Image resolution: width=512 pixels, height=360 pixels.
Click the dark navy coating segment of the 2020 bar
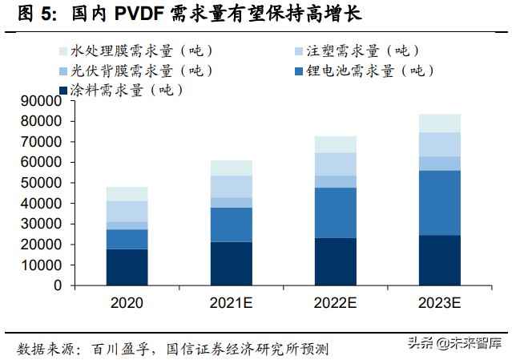coord(126,267)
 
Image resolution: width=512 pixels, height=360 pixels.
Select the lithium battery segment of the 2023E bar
coord(440,203)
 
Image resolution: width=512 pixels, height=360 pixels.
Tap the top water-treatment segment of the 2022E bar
coord(335,144)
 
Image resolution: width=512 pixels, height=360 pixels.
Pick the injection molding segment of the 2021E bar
coord(231,187)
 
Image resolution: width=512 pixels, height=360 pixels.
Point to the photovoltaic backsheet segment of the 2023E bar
coord(440,164)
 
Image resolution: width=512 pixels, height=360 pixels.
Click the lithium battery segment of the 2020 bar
coord(126,239)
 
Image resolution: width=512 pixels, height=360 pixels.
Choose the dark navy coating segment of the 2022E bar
coord(335,261)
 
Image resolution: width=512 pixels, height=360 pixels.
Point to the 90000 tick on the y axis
coord(44,101)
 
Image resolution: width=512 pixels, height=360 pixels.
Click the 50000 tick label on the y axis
coord(44,183)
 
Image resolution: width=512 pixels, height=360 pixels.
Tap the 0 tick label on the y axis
coord(58,285)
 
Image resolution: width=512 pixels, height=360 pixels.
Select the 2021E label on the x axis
coord(231,304)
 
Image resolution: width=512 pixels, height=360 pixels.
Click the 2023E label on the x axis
coord(440,304)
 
